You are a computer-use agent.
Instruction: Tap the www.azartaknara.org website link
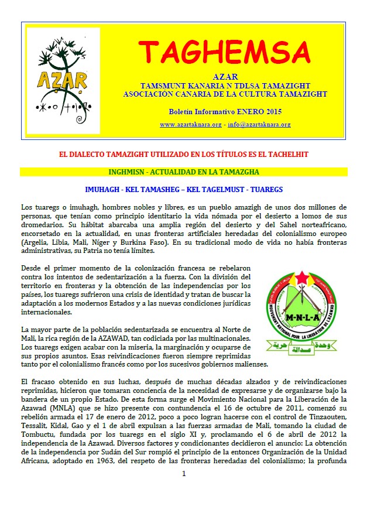(190, 125)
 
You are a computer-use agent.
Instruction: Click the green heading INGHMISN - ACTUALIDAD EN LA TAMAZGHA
(184, 172)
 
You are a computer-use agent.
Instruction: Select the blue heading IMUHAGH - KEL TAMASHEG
(184, 190)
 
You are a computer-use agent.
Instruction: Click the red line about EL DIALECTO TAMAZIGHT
(184, 153)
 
